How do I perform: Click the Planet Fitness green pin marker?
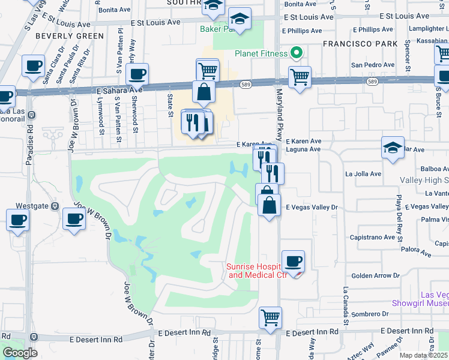click(295, 53)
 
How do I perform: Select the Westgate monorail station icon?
click(55, 206)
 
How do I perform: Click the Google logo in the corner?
click(20, 352)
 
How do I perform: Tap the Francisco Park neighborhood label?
click(360, 44)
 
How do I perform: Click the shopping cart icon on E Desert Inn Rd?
click(271, 317)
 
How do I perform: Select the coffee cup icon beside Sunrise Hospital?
click(293, 262)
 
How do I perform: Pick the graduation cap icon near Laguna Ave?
click(393, 148)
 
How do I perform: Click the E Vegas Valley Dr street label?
click(312, 207)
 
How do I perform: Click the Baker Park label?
click(215, 28)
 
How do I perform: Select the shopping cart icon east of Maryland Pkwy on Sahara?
click(300, 77)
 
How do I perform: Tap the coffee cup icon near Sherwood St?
click(137, 74)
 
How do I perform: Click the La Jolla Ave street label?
click(363, 174)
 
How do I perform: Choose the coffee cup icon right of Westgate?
click(74, 219)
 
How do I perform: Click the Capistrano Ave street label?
click(372, 236)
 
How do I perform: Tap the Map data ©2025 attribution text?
click(424, 355)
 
